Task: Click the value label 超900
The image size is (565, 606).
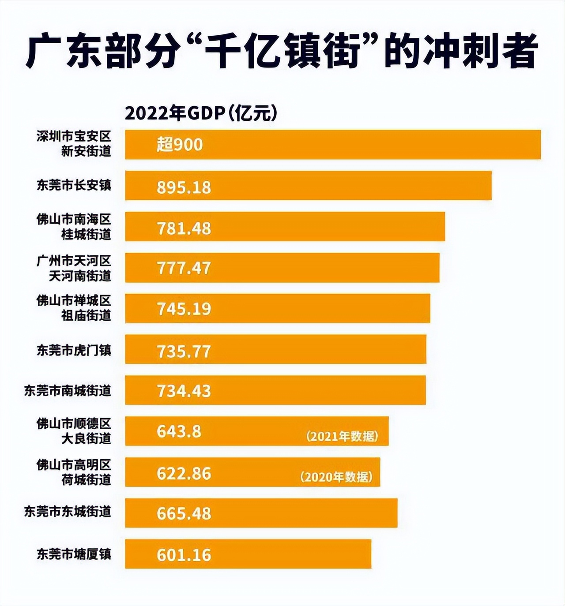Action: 180,145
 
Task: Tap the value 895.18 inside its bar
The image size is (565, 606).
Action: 184,187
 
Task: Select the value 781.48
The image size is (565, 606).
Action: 184,228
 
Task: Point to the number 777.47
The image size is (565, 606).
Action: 184,268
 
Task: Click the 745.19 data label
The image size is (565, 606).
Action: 184,309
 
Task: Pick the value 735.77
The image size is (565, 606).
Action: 184,352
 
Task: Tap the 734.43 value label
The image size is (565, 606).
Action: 184,391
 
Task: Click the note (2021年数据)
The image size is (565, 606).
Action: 342,437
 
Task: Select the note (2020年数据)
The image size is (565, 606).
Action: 336,477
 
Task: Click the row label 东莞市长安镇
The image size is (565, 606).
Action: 74,185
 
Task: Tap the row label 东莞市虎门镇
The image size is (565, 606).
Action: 74,351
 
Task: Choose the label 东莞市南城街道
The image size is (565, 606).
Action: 68,391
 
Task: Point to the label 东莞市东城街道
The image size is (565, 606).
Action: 68,512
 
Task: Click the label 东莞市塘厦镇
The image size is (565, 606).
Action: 74,554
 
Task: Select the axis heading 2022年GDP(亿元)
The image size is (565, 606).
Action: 201,113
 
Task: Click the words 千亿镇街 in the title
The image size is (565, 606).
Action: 282,52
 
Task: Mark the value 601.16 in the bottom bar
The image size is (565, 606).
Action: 184,555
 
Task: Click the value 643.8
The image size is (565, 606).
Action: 179,431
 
